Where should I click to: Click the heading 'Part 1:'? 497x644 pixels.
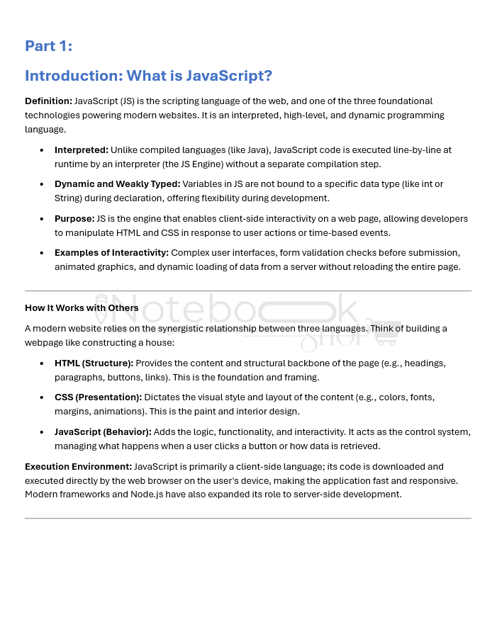48,46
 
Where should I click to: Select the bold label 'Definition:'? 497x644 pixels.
48,101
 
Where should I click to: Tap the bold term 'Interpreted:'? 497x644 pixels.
82,150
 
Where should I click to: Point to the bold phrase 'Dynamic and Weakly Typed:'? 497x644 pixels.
117,184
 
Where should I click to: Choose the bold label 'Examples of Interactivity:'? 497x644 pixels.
111,253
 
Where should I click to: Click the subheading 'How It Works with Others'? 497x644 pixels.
82,308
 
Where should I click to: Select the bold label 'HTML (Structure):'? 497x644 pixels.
94,363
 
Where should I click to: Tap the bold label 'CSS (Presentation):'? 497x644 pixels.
98,397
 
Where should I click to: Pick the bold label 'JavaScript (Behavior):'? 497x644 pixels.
103,432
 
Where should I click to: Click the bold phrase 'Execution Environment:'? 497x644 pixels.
78,467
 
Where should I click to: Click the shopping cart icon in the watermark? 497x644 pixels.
384,332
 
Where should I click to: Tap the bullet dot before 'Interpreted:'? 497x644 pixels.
40,150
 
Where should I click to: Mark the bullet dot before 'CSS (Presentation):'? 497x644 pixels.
40,397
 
